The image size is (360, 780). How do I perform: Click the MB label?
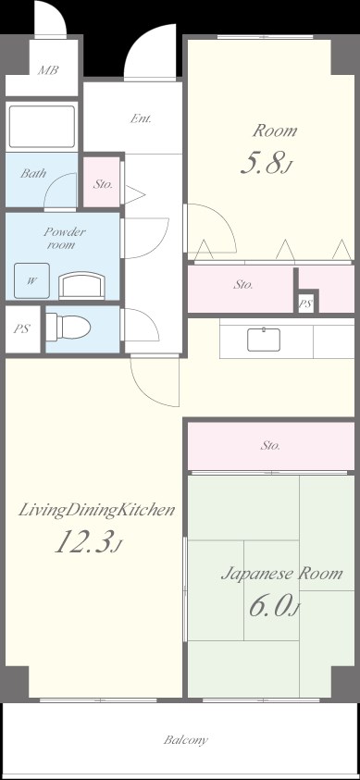43,69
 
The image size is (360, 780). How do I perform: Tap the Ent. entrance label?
142,119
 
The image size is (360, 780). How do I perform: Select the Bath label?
34,173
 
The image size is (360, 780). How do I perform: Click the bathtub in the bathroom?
42,127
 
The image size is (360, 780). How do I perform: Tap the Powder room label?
64,239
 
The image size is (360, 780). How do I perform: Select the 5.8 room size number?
267,164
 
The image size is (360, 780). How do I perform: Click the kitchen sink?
265,339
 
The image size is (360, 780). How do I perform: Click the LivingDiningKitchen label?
97,510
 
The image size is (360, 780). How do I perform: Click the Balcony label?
186,740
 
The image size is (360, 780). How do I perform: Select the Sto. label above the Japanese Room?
270,446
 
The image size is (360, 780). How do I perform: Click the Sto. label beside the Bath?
104,184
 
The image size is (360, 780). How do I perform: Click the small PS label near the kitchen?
305,303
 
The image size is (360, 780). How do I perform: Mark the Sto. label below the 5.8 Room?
243,285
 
